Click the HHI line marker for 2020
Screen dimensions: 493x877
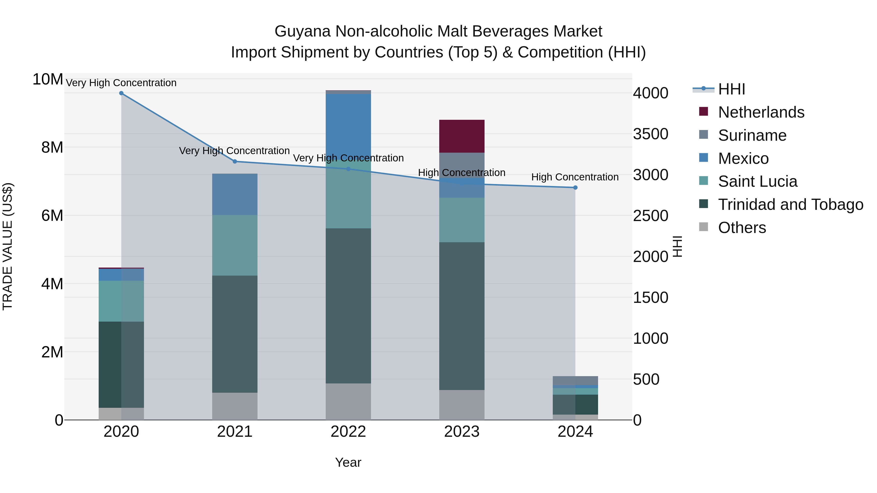click(x=121, y=93)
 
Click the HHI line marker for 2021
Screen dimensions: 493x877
click(x=235, y=162)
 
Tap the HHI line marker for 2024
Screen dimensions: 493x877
click(x=575, y=187)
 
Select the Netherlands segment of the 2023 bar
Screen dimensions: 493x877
click(x=462, y=136)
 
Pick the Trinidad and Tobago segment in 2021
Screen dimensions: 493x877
click(x=235, y=334)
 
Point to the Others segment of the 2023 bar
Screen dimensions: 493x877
click(x=462, y=405)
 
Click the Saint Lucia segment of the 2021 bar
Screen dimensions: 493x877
click(x=235, y=245)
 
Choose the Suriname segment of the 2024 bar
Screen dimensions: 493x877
click(x=575, y=380)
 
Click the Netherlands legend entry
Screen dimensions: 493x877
click(x=761, y=112)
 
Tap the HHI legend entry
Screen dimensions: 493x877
click(x=731, y=89)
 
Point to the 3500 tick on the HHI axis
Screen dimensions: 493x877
click(x=650, y=134)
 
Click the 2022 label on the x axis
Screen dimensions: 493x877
click(x=348, y=432)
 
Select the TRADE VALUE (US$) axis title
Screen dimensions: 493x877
click(x=8, y=246)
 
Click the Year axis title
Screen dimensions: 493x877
click(x=348, y=462)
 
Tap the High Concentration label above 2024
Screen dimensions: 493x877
click(x=575, y=177)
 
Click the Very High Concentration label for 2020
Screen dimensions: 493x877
click(x=121, y=83)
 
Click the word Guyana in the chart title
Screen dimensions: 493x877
click(x=302, y=31)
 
